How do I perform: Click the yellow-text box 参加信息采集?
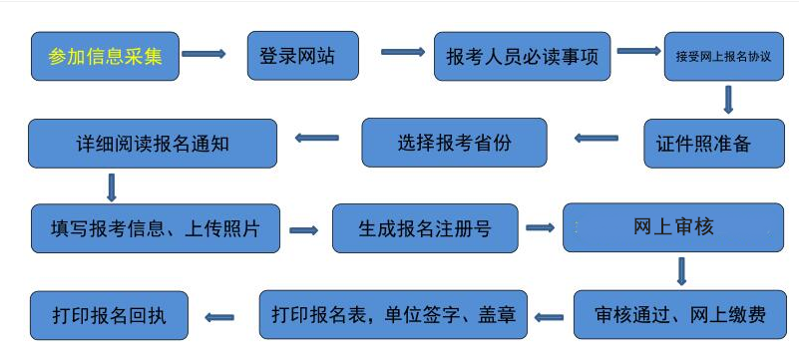(x=105, y=56)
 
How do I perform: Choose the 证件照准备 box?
(x=716, y=143)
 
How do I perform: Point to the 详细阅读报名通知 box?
(x=152, y=143)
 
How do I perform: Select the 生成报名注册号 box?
(x=424, y=228)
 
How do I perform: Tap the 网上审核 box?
(x=673, y=228)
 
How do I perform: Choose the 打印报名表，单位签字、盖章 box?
(x=393, y=315)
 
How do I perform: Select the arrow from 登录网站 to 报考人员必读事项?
(x=403, y=52)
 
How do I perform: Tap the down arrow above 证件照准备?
(x=728, y=100)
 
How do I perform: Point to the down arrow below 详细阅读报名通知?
(x=111, y=186)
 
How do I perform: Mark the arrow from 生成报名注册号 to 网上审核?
(x=540, y=228)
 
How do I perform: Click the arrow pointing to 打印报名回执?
(x=218, y=317)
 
